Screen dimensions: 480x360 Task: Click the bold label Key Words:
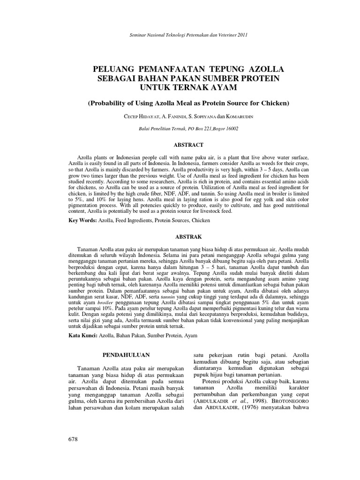pyautogui.click(x=82, y=220)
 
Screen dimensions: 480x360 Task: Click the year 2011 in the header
pyautogui.click(x=243, y=35)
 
